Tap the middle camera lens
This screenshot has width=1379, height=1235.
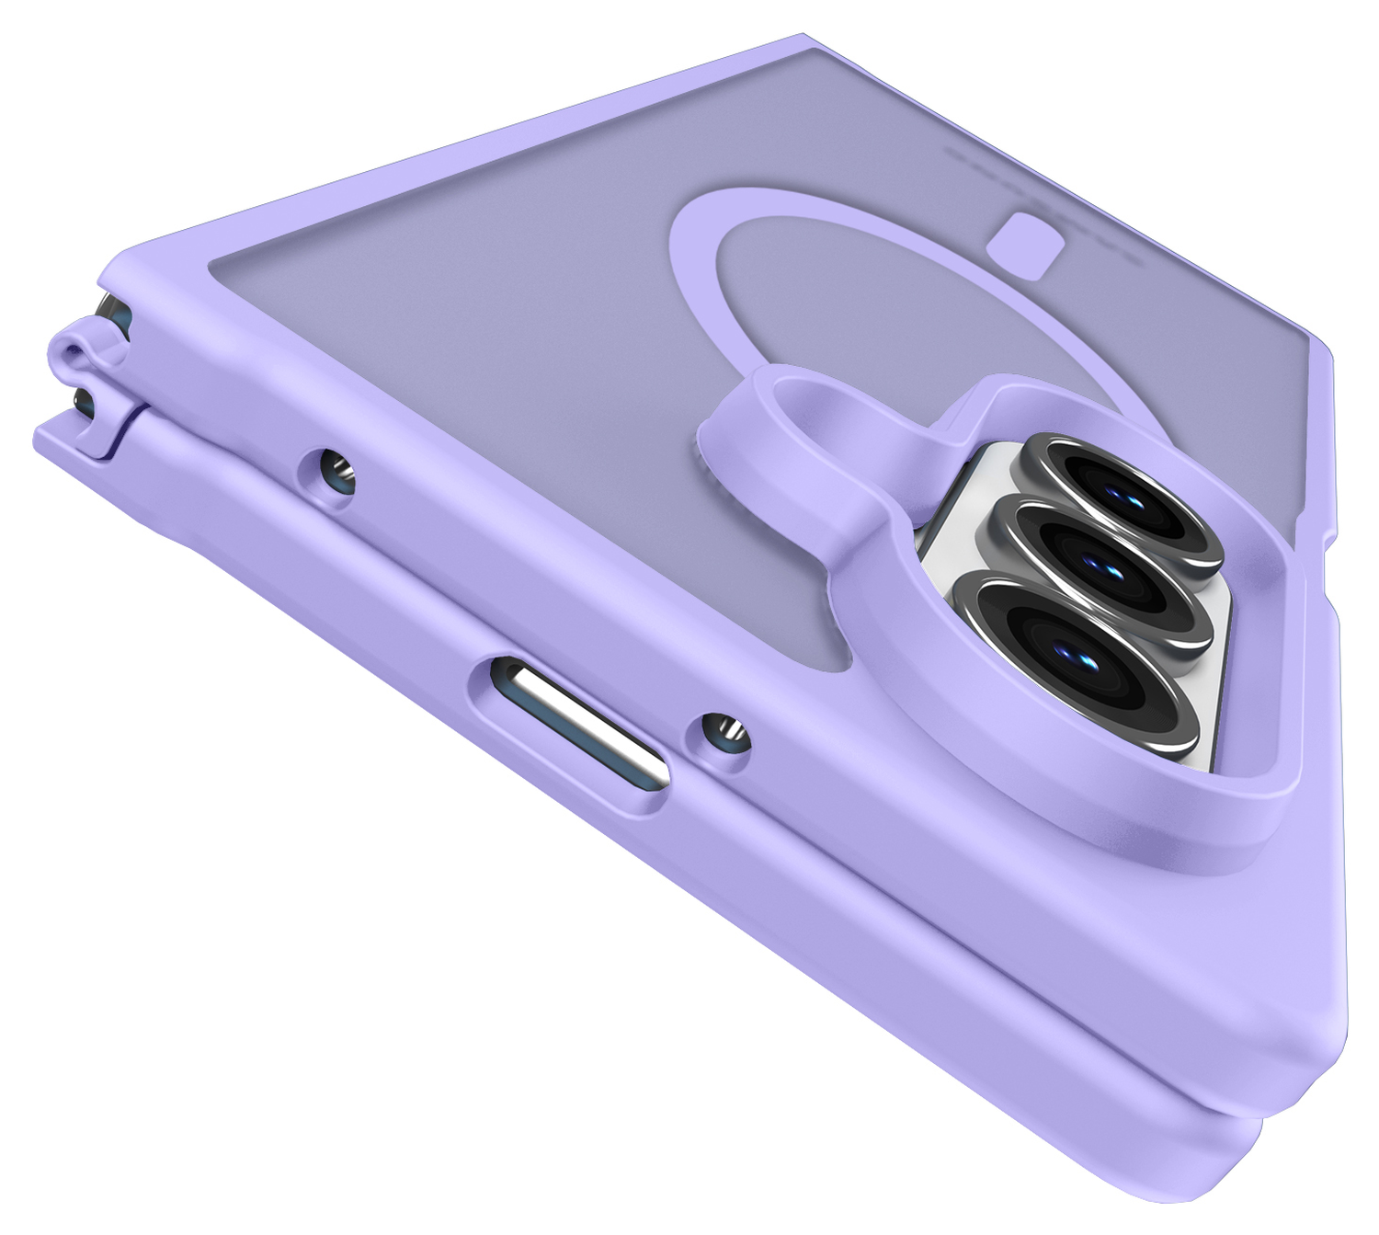(1103, 567)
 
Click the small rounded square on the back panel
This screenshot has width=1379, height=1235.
(1026, 241)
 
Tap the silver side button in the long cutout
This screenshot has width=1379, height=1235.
(575, 724)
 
